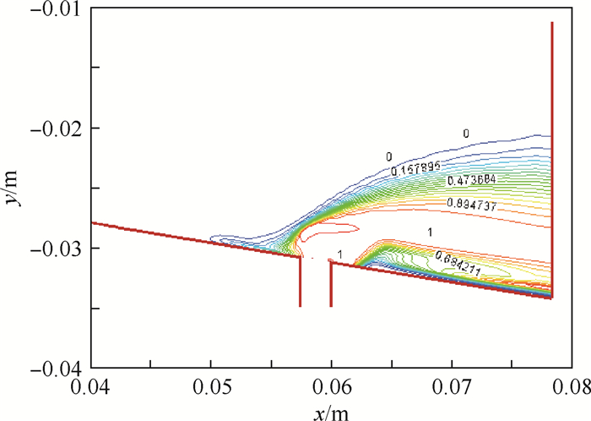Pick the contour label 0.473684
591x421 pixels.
tap(466, 180)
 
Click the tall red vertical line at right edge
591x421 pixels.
tap(551, 127)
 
